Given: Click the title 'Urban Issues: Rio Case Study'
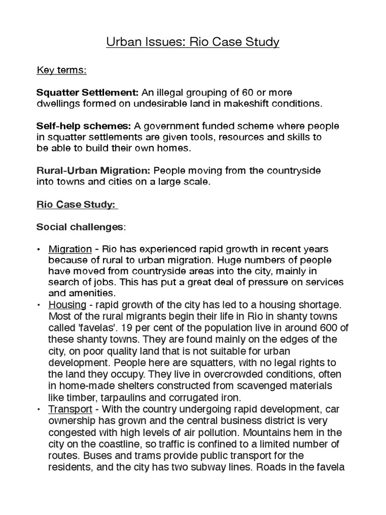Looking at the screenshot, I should tap(192, 42).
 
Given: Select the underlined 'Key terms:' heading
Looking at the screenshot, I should tap(61, 70).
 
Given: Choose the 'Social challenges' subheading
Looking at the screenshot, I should tap(79, 227).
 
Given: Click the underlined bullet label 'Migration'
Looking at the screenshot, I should tap(70, 249).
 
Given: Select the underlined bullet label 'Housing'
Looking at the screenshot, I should tap(67, 305).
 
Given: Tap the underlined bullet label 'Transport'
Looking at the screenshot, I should tap(70, 409).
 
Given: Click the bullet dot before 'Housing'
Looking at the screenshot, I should tap(39, 305).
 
